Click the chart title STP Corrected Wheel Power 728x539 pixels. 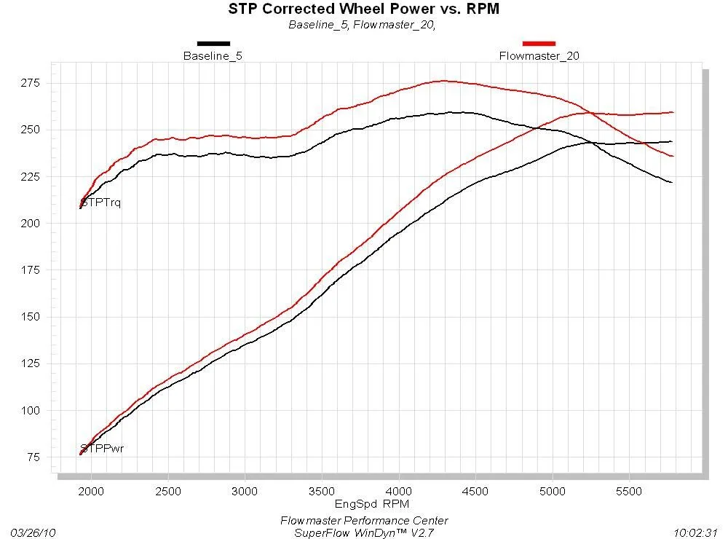tap(364, 9)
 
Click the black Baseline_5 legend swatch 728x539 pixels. tap(213, 44)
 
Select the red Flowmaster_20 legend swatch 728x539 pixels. tap(539, 44)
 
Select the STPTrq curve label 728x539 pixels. tap(102, 202)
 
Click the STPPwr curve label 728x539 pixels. tap(103, 448)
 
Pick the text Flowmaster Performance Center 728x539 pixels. tap(364, 521)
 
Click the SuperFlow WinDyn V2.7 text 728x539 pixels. tap(364, 532)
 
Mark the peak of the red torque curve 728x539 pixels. tap(444, 81)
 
